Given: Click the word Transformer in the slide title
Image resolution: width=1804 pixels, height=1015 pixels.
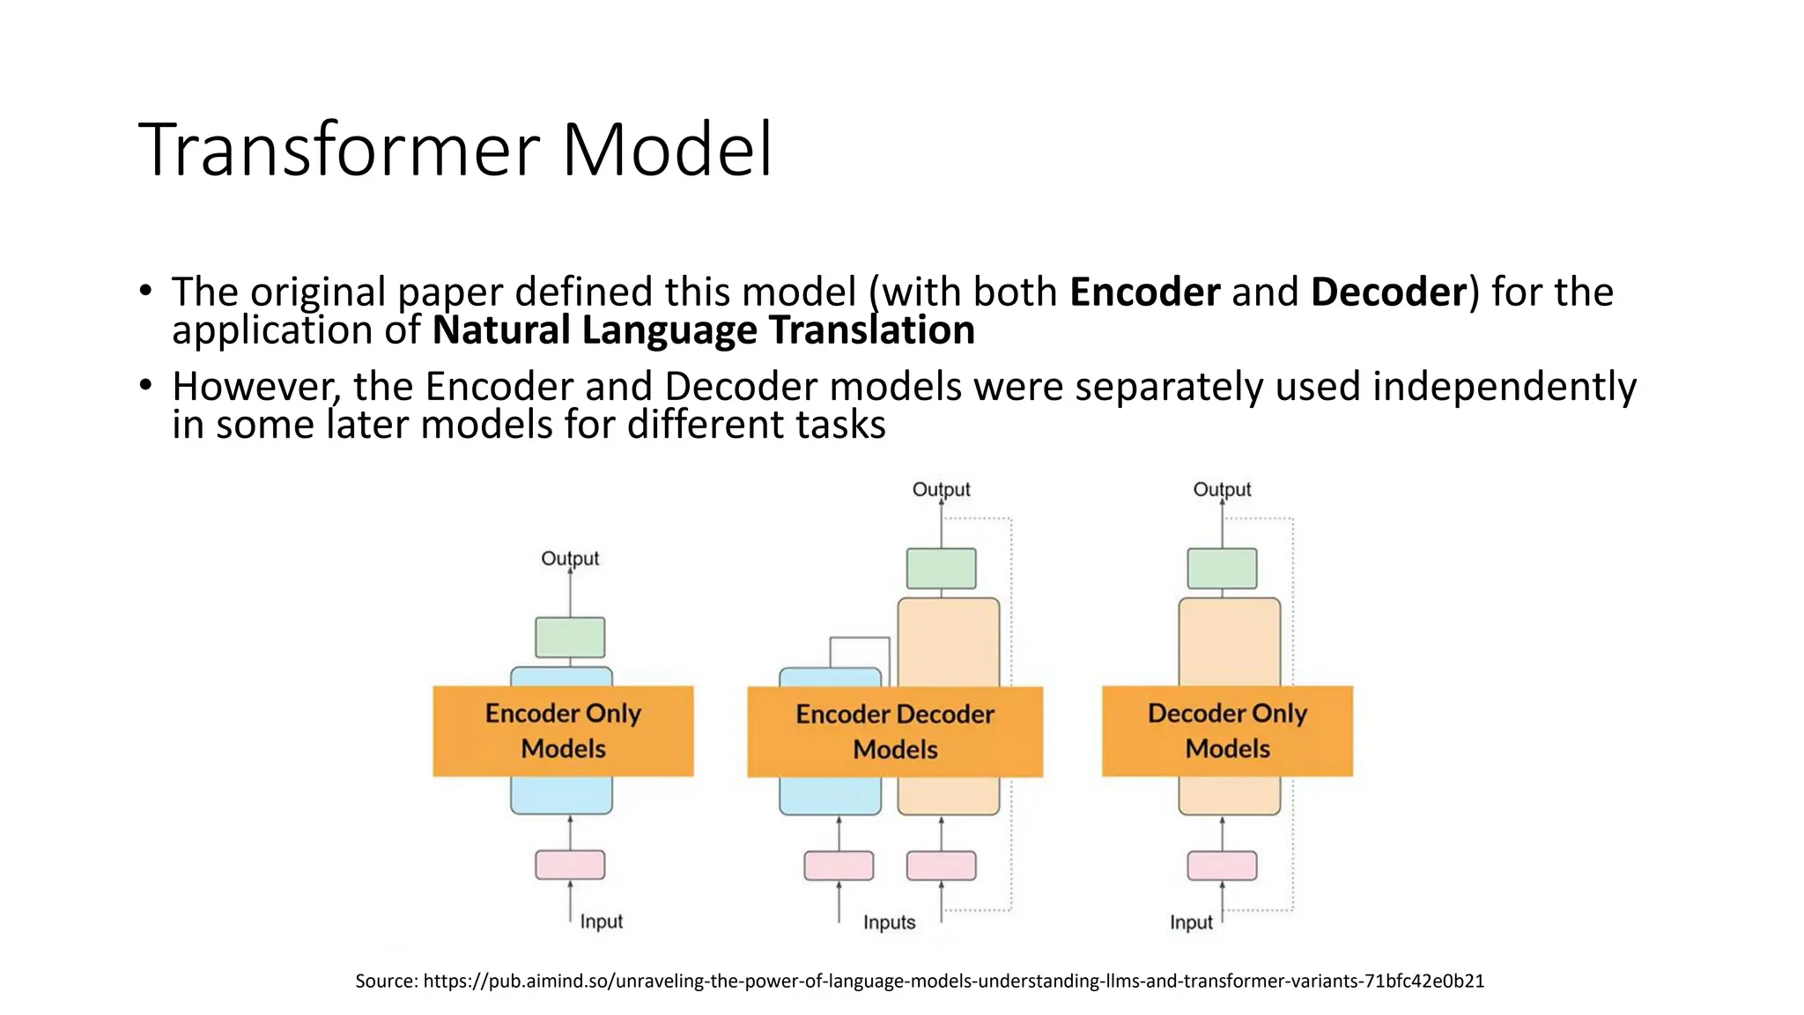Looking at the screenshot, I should click(x=340, y=150).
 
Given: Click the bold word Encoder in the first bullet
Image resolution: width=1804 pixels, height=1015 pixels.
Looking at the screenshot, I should click(x=1144, y=292).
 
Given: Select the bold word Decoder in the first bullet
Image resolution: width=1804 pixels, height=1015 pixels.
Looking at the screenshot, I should click(x=1387, y=292).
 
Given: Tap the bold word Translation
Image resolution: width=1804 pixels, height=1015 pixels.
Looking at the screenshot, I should click(x=871, y=330).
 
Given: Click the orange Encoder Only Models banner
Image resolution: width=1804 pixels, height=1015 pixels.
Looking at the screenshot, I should click(x=563, y=731).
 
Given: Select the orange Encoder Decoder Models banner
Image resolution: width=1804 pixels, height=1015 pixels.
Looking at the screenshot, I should click(x=895, y=732).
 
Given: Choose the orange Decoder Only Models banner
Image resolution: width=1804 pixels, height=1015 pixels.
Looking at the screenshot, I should click(x=1227, y=731).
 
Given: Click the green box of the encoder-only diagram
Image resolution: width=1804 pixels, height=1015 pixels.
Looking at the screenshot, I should click(x=570, y=637).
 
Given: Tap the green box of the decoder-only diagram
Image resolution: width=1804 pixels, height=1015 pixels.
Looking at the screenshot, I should click(x=1222, y=568).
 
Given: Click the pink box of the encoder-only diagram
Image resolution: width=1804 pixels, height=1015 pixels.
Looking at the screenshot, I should click(x=570, y=864).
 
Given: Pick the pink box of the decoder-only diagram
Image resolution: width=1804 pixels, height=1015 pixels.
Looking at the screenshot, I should click(x=1222, y=865).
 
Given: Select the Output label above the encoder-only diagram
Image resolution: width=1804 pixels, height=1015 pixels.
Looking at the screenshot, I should click(x=570, y=559).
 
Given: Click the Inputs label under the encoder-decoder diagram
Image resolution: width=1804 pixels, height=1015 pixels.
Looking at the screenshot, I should click(x=889, y=922).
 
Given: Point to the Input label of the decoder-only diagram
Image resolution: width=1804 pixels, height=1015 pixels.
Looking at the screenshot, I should click(x=1191, y=922).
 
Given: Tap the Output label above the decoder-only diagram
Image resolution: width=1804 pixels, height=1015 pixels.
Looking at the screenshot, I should click(x=1222, y=490).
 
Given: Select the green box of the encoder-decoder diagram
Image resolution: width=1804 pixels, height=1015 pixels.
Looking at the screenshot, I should click(x=941, y=568).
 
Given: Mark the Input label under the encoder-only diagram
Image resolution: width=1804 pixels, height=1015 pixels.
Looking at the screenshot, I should click(x=601, y=922).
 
